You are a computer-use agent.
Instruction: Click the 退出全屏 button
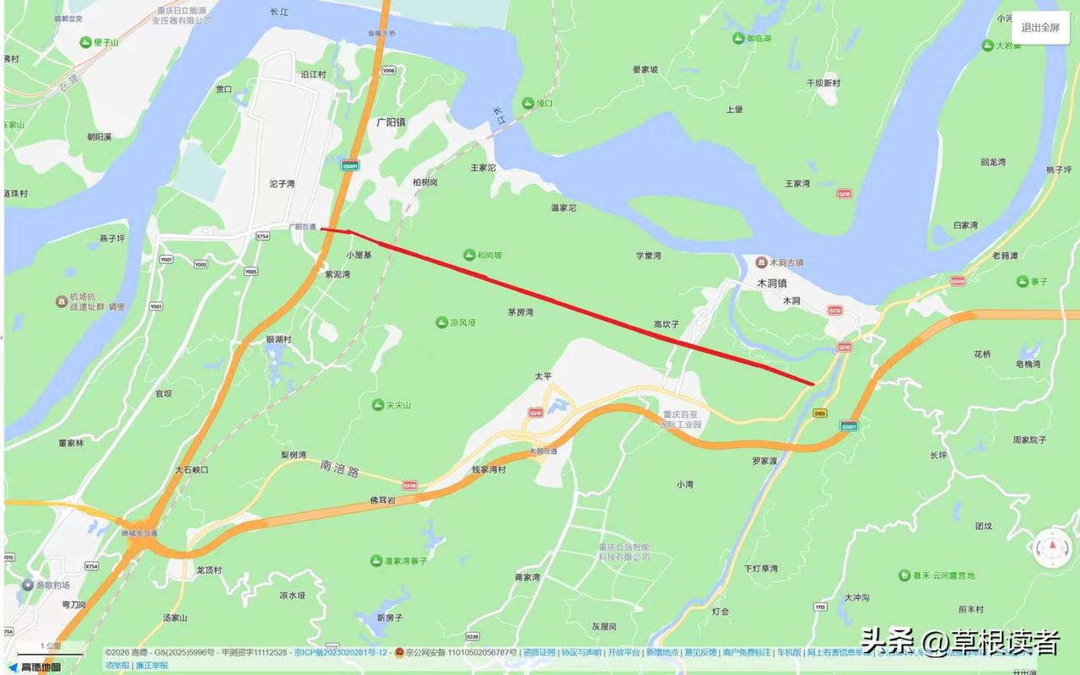pos(1040,27)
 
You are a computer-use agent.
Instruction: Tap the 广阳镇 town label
pos(391,121)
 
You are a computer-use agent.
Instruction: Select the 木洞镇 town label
pos(770,283)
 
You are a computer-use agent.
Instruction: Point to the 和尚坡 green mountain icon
pos(469,255)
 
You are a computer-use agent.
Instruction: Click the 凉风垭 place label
pos(462,322)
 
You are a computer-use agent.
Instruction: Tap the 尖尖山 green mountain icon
pos(378,405)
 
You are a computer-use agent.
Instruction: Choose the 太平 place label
pos(542,375)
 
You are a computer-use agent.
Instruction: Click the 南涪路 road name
pos(340,465)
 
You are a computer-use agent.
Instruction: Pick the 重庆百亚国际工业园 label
pos(682,419)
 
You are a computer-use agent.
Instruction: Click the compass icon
pos(1053,548)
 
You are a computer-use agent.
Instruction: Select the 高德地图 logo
pos(35,667)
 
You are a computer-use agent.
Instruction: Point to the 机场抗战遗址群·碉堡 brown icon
pos(62,301)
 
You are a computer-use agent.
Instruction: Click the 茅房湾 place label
pos(521,312)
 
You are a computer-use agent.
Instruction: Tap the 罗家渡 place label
pos(764,462)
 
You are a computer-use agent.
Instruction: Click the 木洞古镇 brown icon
pos(761,262)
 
